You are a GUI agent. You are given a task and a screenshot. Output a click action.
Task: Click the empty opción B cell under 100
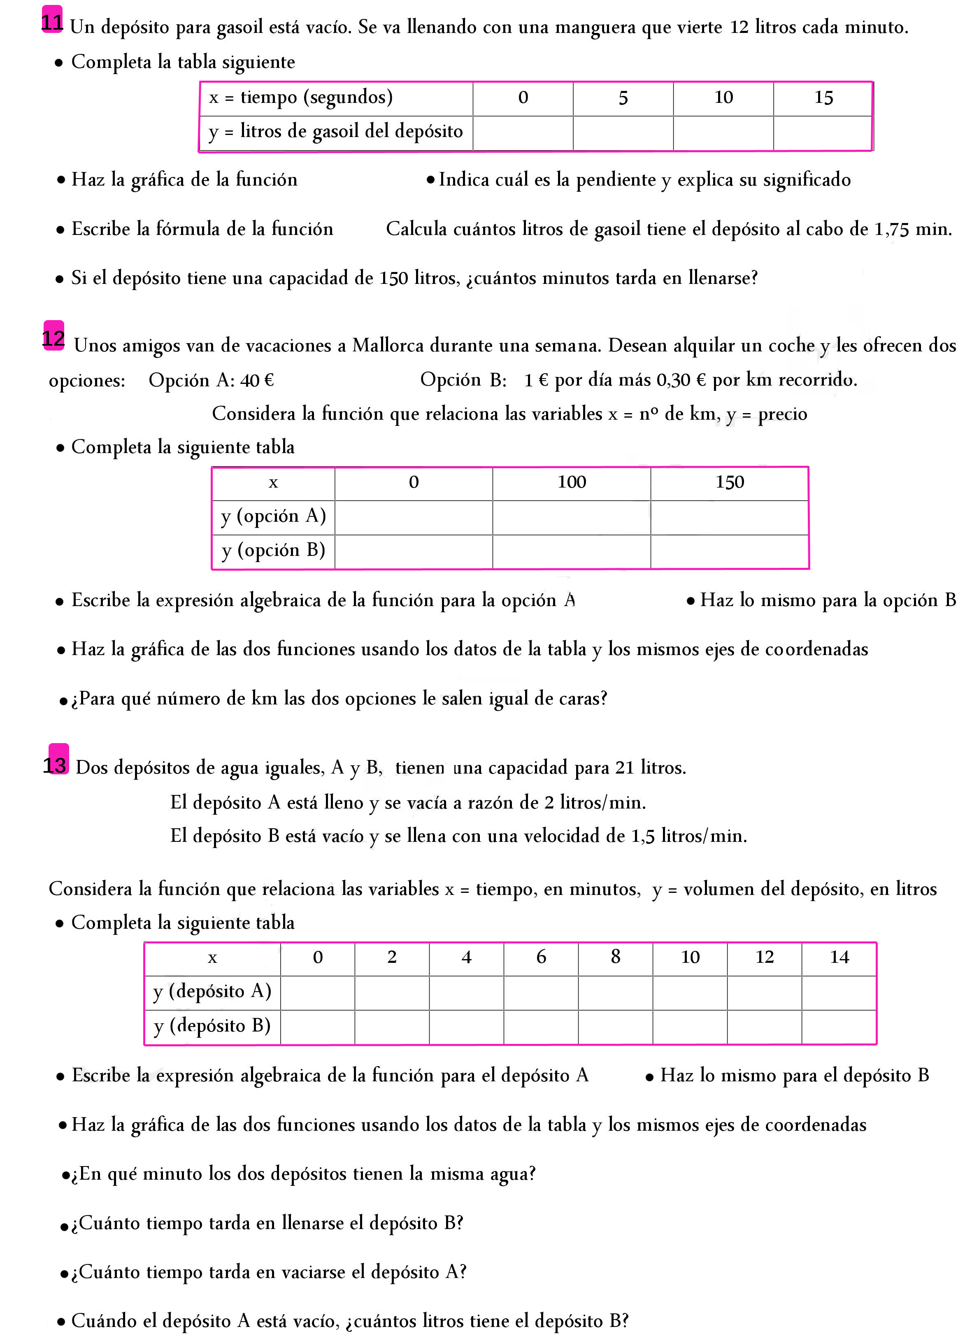click(x=571, y=551)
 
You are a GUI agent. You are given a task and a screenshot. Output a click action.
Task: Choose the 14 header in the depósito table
click(x=839, y=957)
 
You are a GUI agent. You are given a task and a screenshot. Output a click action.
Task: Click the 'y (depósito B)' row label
click(x=212, y=1026)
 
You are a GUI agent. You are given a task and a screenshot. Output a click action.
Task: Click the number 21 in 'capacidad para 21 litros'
click(x=624, y=768)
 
